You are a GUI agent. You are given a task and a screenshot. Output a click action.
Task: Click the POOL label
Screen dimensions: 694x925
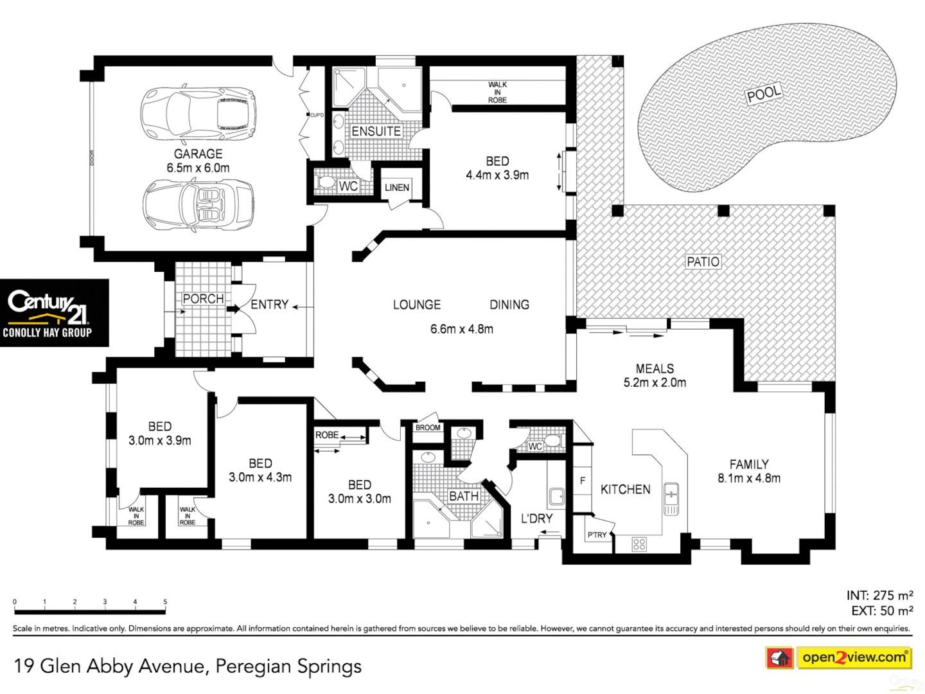764,94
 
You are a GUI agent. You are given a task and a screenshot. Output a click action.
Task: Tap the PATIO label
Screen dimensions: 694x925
703,262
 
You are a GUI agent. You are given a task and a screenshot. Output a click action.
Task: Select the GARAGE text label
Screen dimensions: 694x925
198,154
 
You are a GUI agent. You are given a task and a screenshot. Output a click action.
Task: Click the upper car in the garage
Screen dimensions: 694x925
198,113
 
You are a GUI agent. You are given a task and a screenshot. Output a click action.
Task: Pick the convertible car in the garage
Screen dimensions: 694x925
198,204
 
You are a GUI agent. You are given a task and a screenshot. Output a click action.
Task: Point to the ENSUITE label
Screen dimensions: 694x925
376,131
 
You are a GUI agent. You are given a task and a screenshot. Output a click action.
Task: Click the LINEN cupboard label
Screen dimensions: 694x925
397,188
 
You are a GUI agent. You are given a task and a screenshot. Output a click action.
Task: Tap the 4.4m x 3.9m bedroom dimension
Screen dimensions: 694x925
497,175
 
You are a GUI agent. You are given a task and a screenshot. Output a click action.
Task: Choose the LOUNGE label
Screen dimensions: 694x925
417,305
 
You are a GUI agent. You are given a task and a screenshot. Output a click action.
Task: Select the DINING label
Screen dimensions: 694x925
509,305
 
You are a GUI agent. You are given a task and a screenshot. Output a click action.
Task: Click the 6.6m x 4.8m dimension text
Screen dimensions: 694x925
462,329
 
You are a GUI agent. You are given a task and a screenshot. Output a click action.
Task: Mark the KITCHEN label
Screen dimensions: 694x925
625,490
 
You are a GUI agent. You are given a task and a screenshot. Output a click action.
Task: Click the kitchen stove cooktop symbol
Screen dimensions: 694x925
639,544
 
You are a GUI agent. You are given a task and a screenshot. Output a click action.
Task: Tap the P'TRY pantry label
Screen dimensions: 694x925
597,535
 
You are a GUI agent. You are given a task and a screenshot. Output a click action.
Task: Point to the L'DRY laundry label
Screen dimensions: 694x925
536,519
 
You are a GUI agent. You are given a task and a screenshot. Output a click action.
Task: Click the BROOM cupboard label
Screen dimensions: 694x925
428,427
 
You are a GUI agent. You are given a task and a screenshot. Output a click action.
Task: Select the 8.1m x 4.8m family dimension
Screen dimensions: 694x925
749,478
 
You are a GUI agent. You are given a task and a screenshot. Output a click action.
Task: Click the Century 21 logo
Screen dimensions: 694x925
54,313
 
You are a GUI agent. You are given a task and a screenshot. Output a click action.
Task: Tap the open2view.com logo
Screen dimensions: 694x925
854,657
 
